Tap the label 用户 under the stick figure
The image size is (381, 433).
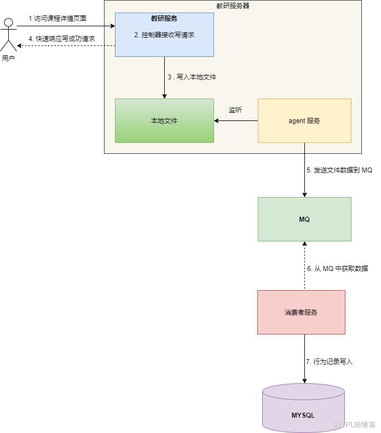pos(8,58)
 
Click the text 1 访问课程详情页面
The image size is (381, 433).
pos(57,19)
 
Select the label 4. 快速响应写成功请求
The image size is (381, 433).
pos(62,39)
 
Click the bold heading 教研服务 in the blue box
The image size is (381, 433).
pos(164,18)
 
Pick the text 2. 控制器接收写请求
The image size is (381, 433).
pos(164,34)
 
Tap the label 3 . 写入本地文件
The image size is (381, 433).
pos(192,77)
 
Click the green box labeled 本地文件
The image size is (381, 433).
pos(164,120)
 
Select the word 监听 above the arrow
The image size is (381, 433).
pos(235,110)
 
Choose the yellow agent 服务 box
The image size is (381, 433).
pos(304,120)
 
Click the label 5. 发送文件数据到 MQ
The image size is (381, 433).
pos(339,170)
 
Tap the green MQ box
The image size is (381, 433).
pos(304,219)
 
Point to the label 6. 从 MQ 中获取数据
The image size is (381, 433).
pos(337,269)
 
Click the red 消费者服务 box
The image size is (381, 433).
pos(301,312)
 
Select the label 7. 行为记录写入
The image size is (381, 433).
pos(330,362)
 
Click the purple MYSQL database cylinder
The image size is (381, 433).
pos(303,408)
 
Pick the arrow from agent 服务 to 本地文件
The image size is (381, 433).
pos(235,120)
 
